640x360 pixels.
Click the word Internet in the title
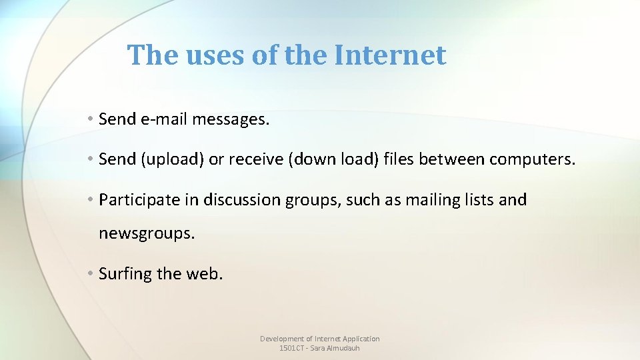click(390, 55)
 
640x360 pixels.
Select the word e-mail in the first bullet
click(165, 119)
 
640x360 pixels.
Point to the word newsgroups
click(147, 234)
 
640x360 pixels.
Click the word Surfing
click(125, 273)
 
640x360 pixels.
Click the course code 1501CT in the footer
click(291, 348)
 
